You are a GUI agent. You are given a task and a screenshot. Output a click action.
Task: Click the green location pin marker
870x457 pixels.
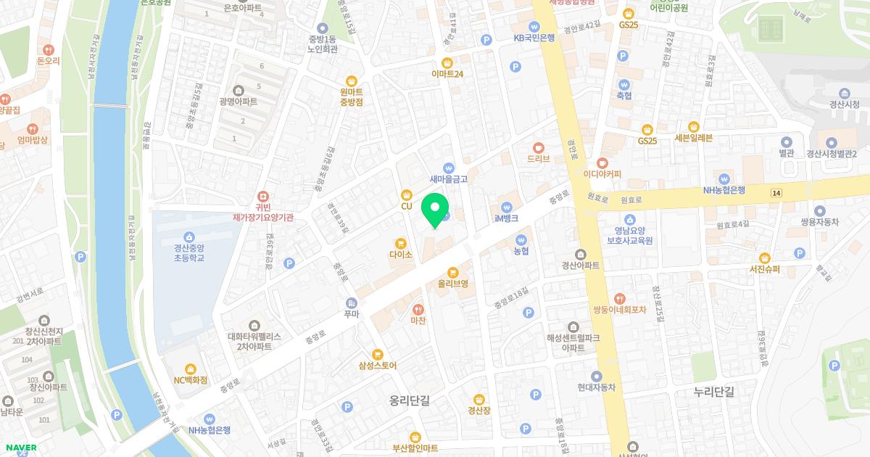pyautogui.click(x=435, y=210)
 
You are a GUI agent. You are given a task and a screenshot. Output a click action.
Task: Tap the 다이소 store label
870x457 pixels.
pyautogui.click(x=400, y=255)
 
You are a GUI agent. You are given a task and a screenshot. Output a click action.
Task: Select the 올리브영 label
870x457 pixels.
pyautogui.click(x=452, y=284)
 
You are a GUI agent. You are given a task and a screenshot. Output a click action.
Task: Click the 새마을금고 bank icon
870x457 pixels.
pyautogui.click(x=449, y=167)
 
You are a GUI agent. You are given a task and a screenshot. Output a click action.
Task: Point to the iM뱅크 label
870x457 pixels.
pyautogui.click(x=507, y=218)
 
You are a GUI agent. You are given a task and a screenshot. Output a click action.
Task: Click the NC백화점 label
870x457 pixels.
pyautogui.click(x=191, y=379)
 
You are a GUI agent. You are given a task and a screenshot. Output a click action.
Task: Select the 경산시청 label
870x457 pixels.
pyautogui.click(x=844, y=104)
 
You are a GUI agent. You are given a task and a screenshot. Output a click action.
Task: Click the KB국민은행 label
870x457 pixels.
pyautogui.click(x=534, y=38)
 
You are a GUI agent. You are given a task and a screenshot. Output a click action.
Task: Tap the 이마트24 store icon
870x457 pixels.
pyautogui.click(x=447, y=62)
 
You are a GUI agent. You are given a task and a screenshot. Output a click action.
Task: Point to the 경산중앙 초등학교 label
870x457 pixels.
pyautogui.click(x=189, y=252)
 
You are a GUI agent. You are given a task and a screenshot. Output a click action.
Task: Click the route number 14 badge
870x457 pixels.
pyautogui.click(x=776, y=192)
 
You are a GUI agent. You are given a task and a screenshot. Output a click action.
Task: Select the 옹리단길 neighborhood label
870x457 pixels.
pyautogui.click(x=409, y=400)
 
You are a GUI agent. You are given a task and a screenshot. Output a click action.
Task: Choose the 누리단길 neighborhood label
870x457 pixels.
pyautogui.click(x=713, y=392)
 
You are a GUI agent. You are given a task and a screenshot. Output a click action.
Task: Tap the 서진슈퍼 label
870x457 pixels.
pyautogui.click(x=764, y=269)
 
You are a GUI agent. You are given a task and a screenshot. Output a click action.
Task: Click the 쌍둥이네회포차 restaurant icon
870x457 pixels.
pyautogui.click(x=619, y=298)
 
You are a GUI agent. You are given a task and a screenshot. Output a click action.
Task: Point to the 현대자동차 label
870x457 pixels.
pyautogui.click(x=596, y=387)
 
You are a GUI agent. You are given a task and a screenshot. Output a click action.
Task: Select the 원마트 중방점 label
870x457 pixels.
pyautogui.click(x=352, y=97)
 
